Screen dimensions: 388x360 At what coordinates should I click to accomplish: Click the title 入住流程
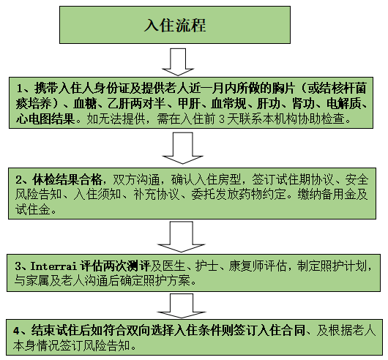pyautogui.click(x=175, y=26)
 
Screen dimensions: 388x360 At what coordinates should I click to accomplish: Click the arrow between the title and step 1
pyautogui.click(x=178, y=61)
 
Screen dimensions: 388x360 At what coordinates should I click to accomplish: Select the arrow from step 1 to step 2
pyautogui.click(x=182, y=148)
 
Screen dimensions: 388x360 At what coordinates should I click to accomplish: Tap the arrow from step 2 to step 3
pyautogui.click(x=181, y=236)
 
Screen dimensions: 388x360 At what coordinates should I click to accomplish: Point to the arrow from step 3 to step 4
pyautogui.click(x=182, y=306)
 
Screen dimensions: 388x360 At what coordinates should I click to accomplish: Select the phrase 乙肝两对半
pyautogui.click(x=136, y=104)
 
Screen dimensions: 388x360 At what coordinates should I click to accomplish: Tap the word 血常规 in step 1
pyautogui.click(x=228, y=104)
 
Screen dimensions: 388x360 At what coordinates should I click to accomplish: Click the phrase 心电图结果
pyautogui.click(x=45, y=119)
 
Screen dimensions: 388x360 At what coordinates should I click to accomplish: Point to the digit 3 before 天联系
pyautogui.click(x=222, y=119)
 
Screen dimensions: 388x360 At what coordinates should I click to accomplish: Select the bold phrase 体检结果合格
pyautogui.click(x=67, y=180)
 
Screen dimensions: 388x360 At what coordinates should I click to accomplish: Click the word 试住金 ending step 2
pyautogui.click(x=33, y=209)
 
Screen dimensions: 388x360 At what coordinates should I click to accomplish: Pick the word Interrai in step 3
pyautogui.click(x=53, y=266)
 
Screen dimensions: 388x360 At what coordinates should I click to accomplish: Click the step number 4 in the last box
pyautogui.click(x=16, y=331)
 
